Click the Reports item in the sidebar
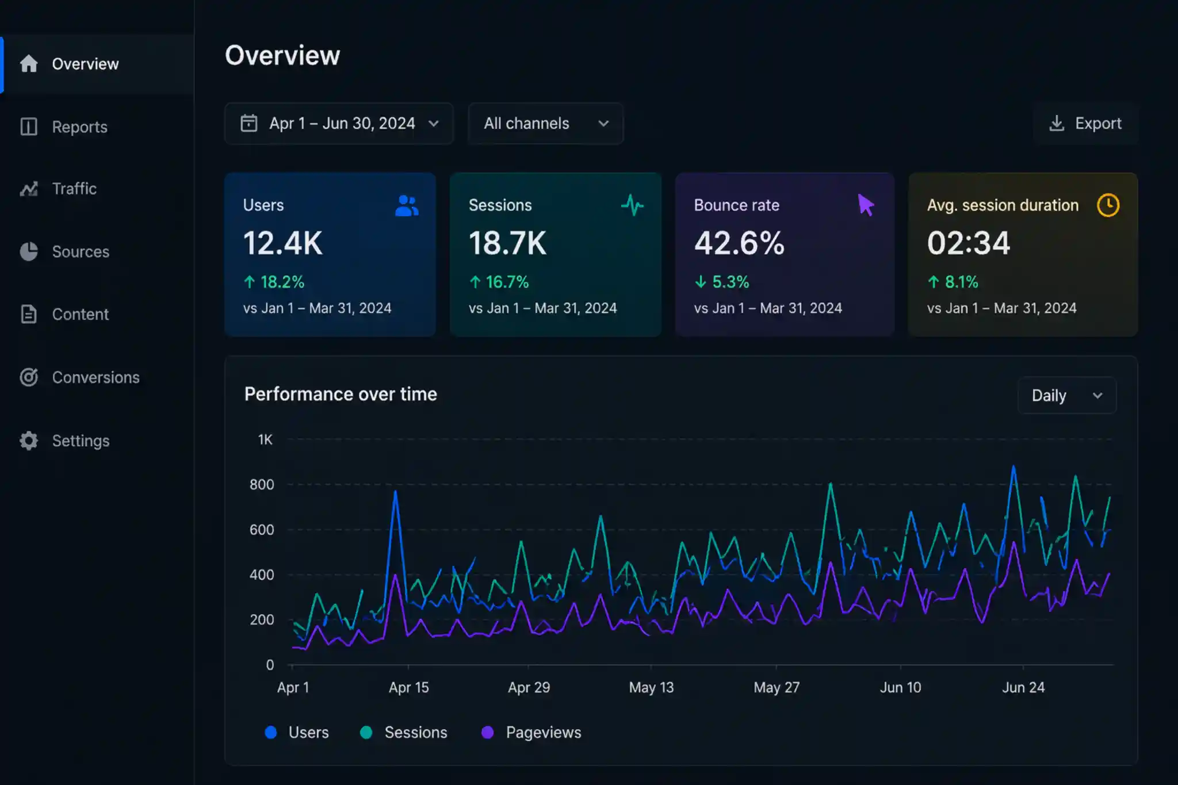[79, 127]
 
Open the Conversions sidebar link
[95, 377]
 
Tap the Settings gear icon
[29, 441]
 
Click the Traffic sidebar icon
[29, 189]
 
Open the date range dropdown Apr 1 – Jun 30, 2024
[339, 124]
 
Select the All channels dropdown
[545, 124]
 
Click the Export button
[1085, 124]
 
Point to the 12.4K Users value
[282, 243]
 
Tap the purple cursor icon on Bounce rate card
[865, 205]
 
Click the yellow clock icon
[1108, 205]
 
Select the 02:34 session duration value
[969, 243]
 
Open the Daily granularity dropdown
[1066, 396]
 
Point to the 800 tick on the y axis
[262, 484]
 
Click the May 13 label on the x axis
[651, 687]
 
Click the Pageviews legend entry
[543, 732]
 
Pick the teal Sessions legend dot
[366, 732]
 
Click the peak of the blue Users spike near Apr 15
[395, 492]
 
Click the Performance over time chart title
[341, 395]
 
